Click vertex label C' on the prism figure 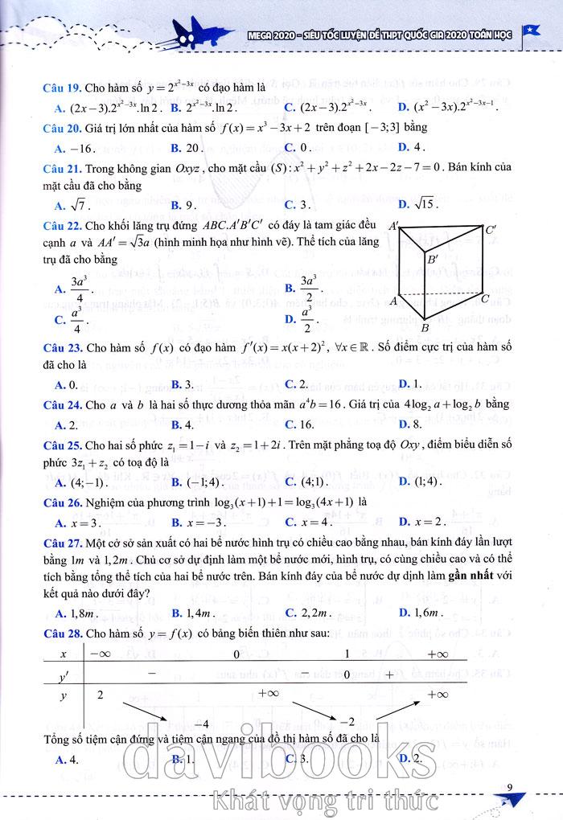[x=490, y=230]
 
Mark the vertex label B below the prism [x=425, y=327]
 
